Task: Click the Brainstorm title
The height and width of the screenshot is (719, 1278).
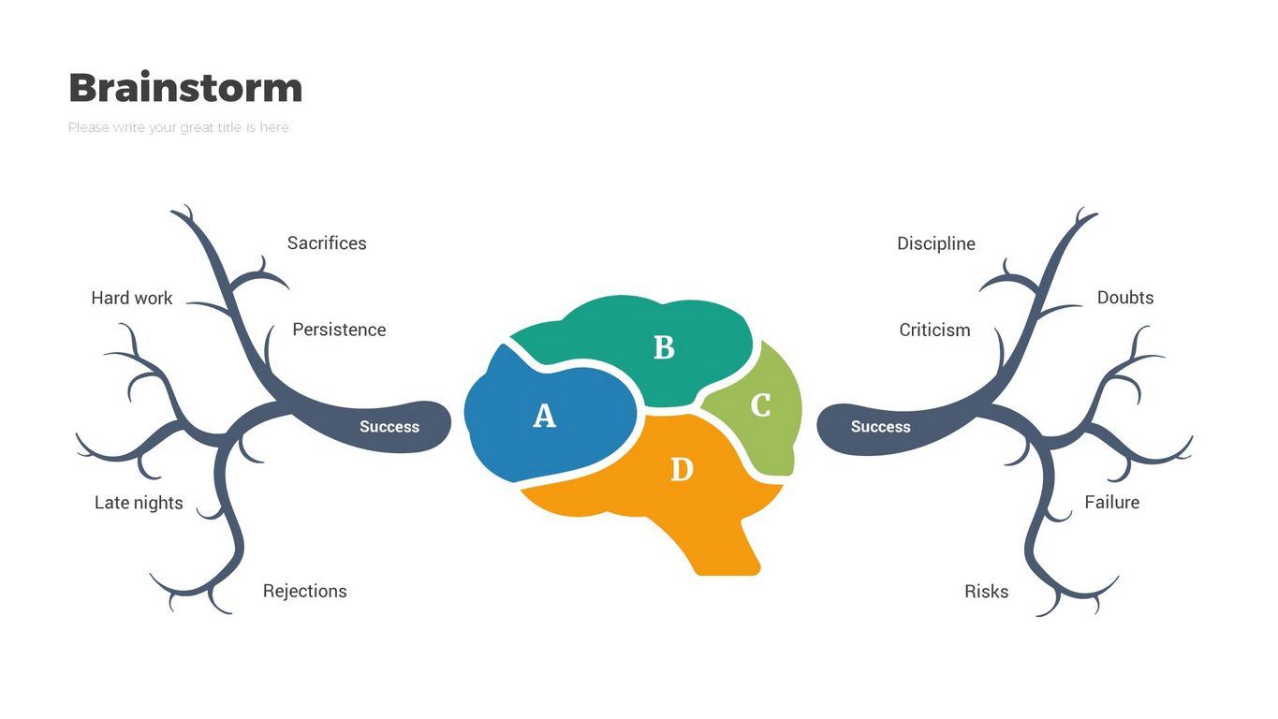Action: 185,88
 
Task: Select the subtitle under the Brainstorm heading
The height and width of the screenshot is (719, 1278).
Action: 178,127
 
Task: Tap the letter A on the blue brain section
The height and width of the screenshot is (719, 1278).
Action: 544,416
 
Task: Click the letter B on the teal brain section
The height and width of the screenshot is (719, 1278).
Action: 664,347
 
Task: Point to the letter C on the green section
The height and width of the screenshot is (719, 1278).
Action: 760,405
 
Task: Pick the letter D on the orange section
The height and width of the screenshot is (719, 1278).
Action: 682,469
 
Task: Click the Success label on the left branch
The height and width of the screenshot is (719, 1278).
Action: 389,427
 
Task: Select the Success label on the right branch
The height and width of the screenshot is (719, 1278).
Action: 880,427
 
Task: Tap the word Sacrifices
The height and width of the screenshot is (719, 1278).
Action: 327,243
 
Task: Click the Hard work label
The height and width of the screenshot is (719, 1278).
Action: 132,298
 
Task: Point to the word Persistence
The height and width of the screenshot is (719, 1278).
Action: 339,330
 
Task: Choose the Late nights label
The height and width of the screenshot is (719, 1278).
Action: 139,503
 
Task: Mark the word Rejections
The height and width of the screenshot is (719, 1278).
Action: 304,591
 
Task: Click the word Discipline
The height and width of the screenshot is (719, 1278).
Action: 936,243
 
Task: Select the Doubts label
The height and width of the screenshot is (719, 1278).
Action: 1125,298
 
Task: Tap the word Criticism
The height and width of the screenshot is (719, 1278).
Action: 934,330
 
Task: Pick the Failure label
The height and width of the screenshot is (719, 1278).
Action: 1112,503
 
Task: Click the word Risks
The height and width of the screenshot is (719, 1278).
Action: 987,591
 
